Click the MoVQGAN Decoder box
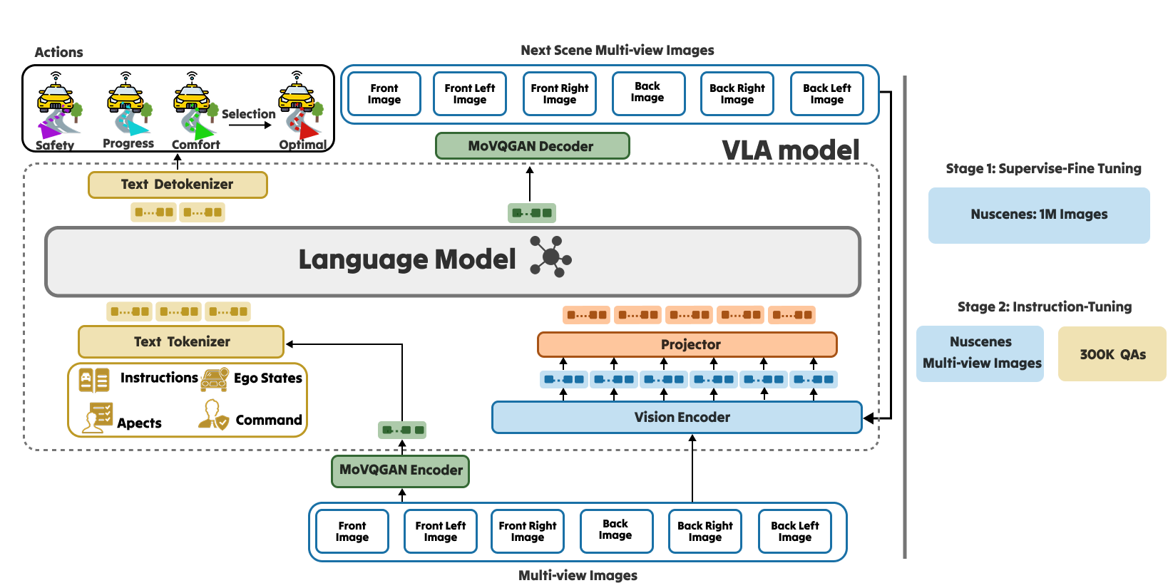point(532,146)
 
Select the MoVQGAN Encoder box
point(400,470)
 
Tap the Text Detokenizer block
point(178,185)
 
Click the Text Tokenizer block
point(181,342)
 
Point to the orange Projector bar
point(687,345)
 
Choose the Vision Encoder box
point(677,418)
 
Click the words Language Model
point(406,260)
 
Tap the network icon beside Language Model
point(550,257)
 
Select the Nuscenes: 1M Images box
point(1038,215)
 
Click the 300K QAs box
point(1112,354)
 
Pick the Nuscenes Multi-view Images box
point(980,354)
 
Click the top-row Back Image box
point(648,93)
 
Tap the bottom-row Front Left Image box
point(441,532)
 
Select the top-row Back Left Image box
point(826,94)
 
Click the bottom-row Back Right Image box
point(705,532)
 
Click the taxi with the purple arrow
point(58,110)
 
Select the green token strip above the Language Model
point(531,212)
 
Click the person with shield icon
point(213,415)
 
